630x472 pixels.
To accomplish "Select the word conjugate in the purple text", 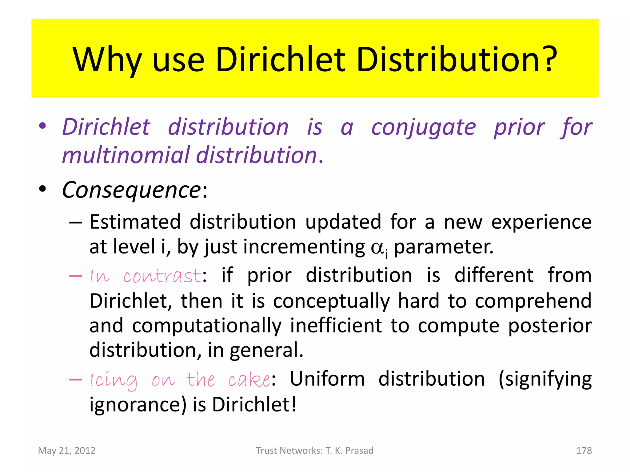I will click(423, 128).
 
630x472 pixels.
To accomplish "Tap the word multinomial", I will click(126, 155).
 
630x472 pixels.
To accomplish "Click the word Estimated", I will click(135, 222).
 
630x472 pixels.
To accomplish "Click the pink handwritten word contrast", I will click(162, 276).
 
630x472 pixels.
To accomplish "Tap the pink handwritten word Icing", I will click(114, 380).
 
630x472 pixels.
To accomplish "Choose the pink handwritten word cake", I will click(249, 380).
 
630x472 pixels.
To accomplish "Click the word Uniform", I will click(327, 379).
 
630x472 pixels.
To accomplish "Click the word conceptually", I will click(331, 301).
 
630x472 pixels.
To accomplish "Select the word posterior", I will click(550, 326).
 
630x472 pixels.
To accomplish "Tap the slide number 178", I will click(584, 450).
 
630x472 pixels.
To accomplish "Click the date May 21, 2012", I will click(67, 450).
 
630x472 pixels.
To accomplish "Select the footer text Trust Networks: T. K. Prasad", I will click(315, 450).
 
